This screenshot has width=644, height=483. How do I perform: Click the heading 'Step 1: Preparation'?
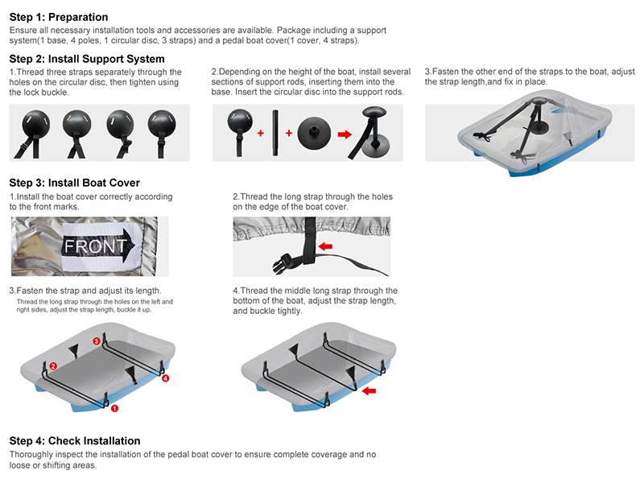[58, 17]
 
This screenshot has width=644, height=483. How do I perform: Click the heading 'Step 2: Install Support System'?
[87, 59]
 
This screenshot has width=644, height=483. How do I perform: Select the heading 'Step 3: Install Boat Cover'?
[74, 183]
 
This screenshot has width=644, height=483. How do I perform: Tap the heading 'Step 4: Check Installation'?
[74, 440]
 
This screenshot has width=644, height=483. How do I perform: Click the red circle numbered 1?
[114, 408]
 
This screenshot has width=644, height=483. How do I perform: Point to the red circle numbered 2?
[53, 366]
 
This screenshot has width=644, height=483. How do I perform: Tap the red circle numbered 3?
[97, 341]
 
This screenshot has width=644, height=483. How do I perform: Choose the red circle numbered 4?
[166, 378]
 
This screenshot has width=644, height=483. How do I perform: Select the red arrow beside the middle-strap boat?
[369, 391]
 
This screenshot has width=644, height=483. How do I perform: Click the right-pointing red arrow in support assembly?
[345, 134]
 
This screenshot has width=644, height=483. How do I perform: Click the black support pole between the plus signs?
[275, 133]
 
